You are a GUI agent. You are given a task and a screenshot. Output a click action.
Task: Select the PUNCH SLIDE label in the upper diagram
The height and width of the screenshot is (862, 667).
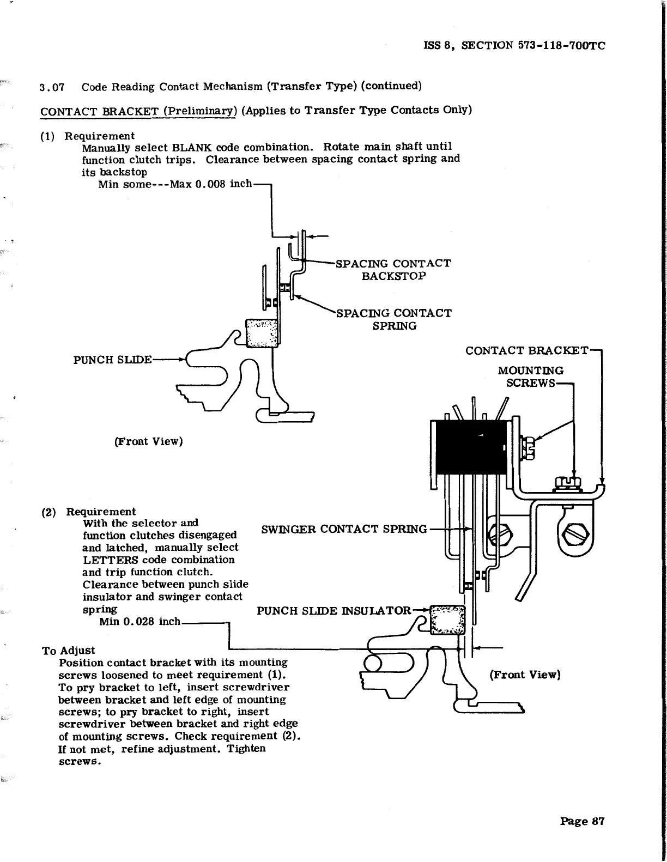pos(112,360)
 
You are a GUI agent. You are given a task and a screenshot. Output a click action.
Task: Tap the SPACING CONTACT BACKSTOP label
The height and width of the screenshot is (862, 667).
pos(393,269)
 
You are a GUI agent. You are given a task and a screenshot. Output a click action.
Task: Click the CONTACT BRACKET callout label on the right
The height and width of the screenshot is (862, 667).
pos(526,350)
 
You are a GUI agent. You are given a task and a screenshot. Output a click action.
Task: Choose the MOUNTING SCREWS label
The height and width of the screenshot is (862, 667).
pos(530,377)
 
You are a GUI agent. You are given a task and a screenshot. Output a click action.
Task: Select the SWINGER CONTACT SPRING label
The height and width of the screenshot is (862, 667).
pos(344,529)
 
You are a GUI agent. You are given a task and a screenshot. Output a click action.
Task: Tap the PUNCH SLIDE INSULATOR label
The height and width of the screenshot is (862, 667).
pos(333,610)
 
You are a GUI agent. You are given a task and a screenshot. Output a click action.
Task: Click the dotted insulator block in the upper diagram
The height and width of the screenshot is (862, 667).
pos(262,332)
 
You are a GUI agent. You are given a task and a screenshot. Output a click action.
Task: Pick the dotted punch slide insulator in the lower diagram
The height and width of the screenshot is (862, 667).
pos(447,620)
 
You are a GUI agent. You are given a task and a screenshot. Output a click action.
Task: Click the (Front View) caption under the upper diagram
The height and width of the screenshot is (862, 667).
pos(148,441)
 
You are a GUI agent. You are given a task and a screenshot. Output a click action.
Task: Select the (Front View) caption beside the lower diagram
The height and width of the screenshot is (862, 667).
pos(525,675)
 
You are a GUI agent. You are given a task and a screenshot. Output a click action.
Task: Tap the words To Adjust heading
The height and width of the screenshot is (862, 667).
pos(68,650)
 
